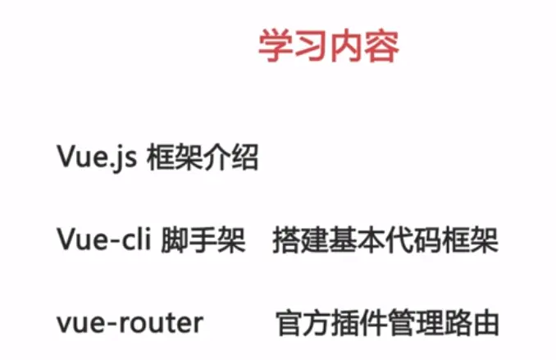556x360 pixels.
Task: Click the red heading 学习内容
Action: pos(328,48)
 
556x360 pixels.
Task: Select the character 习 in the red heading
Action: pos(311,48)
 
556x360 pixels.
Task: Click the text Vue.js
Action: pos(95,157)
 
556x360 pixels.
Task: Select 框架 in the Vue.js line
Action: pos(175,157)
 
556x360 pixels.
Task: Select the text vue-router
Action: pos(130,322)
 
